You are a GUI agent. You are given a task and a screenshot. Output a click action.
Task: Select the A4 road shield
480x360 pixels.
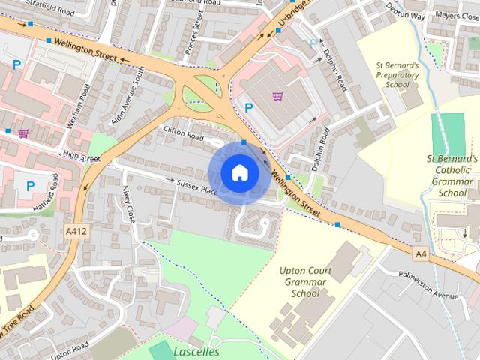(421, 254)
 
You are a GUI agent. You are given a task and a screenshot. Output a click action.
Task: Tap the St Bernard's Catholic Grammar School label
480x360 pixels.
(452, 176)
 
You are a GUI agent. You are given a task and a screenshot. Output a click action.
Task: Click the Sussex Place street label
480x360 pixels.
(197, 187)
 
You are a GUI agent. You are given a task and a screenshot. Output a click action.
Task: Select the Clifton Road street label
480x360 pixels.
(184, 133)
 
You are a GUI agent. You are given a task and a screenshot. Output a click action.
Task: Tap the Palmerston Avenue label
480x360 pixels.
(428, 290)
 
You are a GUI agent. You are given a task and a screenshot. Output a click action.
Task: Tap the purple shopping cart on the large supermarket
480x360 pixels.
(277, 96)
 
